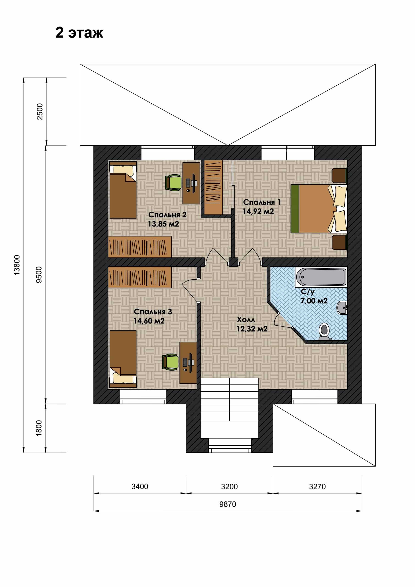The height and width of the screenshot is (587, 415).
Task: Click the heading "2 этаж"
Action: (x=79, y=33)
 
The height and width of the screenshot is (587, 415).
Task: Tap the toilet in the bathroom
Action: (x=324, y=332)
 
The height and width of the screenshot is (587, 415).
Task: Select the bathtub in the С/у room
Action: (x=321, y=277)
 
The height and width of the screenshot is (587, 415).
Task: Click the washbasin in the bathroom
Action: (x=342, y=307)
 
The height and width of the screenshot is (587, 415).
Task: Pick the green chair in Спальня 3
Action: (x=170, y=362)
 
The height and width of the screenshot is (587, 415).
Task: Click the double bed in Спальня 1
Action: (x=319, y=209)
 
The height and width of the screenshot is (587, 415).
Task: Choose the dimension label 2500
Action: (x=40, y=111)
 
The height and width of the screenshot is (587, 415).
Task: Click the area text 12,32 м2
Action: (x=252, y=329)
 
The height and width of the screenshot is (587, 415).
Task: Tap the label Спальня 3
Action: (x=153, y=312)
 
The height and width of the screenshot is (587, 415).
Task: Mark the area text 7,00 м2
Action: (x=314, y=301)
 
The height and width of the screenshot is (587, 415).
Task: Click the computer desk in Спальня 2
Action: (x=191, y=183)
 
